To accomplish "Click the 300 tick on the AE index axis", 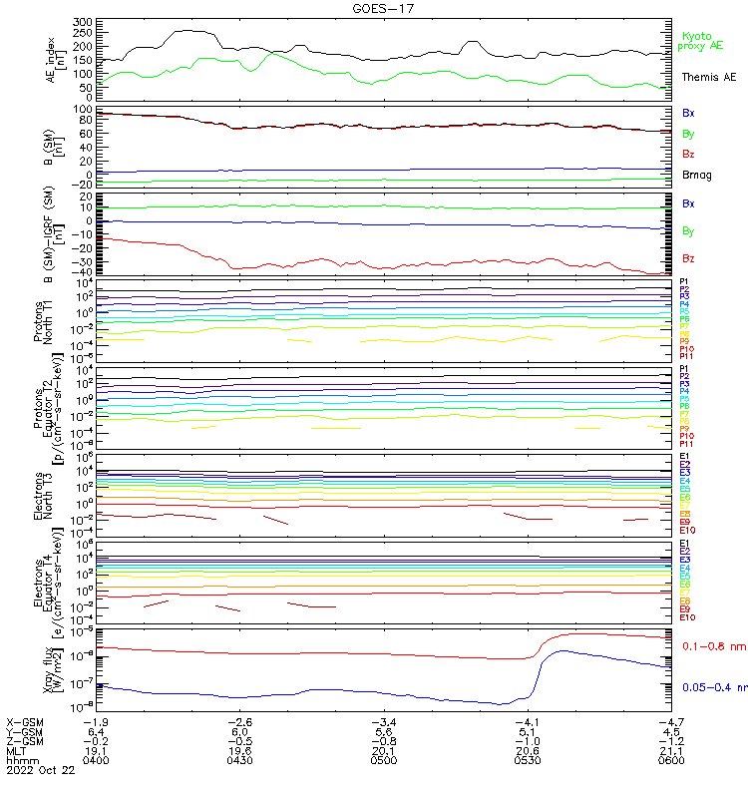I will pyautogui.click(x=83, y=21).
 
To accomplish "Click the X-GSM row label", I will pyautogui.click(x=26, y=720).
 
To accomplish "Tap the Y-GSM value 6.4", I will pyautogui.click(x=95, y=730).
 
